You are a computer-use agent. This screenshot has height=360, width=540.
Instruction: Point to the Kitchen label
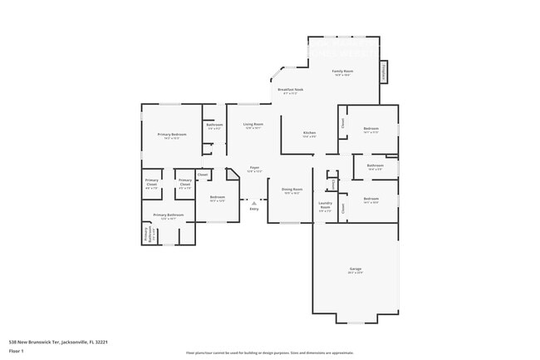pyautogui.click(x=309, y=134)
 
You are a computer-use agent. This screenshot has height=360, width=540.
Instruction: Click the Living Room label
pyautogui.click(x=253, y=126)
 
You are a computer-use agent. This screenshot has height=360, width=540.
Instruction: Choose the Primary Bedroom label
pyautogui.click(x=172, y=136)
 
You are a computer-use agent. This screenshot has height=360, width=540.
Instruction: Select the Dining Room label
pyautogui.click(x=291, y=190)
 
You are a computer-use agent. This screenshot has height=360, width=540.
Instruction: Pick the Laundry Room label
pyautogui.click(x=326, y=206)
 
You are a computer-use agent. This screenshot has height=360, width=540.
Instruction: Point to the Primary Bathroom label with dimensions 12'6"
pyautogui.click(x=169, y=216)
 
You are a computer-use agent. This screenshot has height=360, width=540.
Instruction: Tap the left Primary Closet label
pyautogui.click(x=151, y=183)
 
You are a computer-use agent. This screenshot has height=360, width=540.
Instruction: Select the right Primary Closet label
pyautogui.click(x=185, y=183)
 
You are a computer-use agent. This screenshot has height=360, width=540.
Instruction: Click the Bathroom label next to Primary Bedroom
pyautogui.click(x=214, y=126)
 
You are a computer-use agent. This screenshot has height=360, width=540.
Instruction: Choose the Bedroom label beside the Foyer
pyautogui.click(x=218, y=198)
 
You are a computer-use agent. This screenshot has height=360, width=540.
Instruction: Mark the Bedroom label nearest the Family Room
pyautogui.click(x=371, y=130)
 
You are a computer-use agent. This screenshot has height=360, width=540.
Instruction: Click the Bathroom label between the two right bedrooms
pyautogui.click(x=376, y=166)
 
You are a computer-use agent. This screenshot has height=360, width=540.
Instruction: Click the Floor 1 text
pyautogui.click(x=17, y=351)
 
